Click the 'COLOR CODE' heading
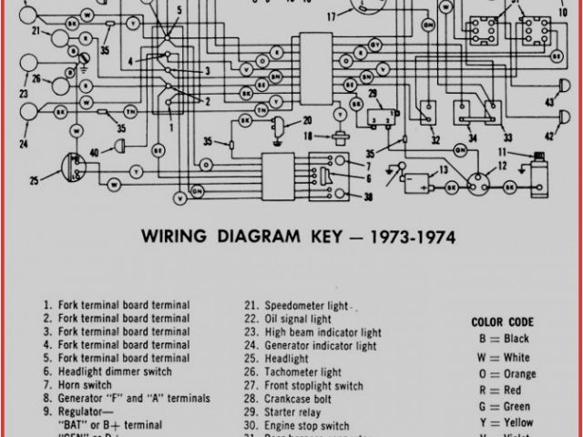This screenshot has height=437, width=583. point(504,321)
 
